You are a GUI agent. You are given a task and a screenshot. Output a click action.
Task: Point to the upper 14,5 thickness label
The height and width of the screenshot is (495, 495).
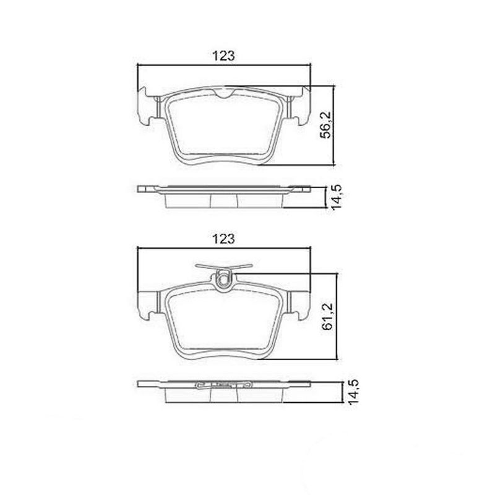tap(337, 197)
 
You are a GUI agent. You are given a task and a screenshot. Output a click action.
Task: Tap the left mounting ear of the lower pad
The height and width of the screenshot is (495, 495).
tap(147, 303)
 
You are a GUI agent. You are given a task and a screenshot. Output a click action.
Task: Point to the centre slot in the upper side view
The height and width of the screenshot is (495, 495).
tap(224, 199)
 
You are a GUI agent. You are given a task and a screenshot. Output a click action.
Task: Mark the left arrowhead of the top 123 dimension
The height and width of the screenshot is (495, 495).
tap(139, 65)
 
